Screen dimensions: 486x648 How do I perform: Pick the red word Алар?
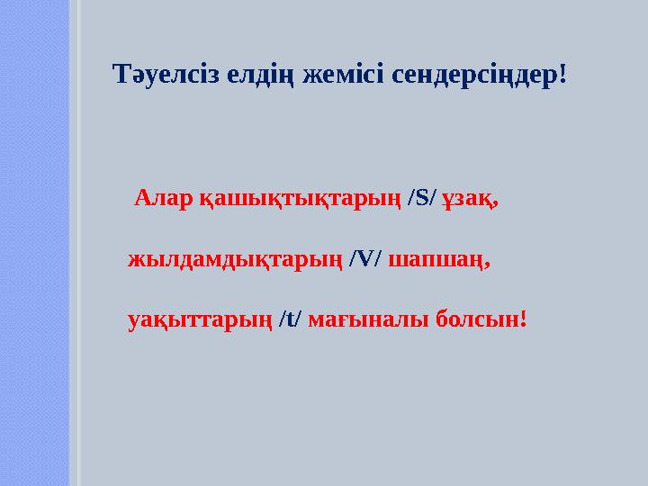pos(158,198)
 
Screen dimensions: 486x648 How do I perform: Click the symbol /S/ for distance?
pos(421,198)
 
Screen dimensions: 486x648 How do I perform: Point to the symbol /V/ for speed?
pos(365,259)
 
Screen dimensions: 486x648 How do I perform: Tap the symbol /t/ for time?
pos(291,319)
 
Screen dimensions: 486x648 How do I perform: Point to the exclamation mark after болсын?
pos(523,319)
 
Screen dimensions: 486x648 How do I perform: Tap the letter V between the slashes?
pos(365,259)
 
